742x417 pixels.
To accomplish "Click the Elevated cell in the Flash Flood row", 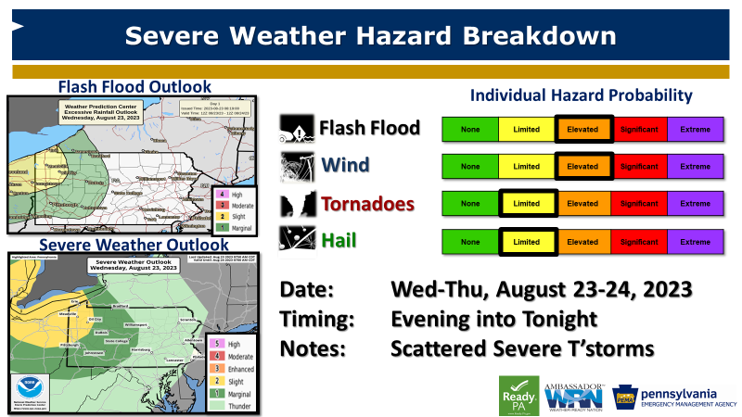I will click(583, 129).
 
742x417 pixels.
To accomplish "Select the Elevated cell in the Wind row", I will click(583, 166).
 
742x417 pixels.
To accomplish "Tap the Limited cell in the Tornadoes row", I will click(526, 203).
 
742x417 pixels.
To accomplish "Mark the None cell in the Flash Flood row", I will click(470, 129).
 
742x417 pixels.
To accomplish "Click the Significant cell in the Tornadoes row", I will click(638, 203).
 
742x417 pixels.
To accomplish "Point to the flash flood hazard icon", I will click(296, 129).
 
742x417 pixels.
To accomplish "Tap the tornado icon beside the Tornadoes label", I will click(296, 204).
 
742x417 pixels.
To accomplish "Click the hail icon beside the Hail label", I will click(296, 240).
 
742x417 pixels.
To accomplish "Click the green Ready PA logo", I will click(519, 394).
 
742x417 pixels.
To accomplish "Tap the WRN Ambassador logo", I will click(574, 394).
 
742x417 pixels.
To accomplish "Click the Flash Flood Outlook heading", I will click(134, 87).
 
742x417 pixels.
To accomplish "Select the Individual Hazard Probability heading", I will click(582, 95).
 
